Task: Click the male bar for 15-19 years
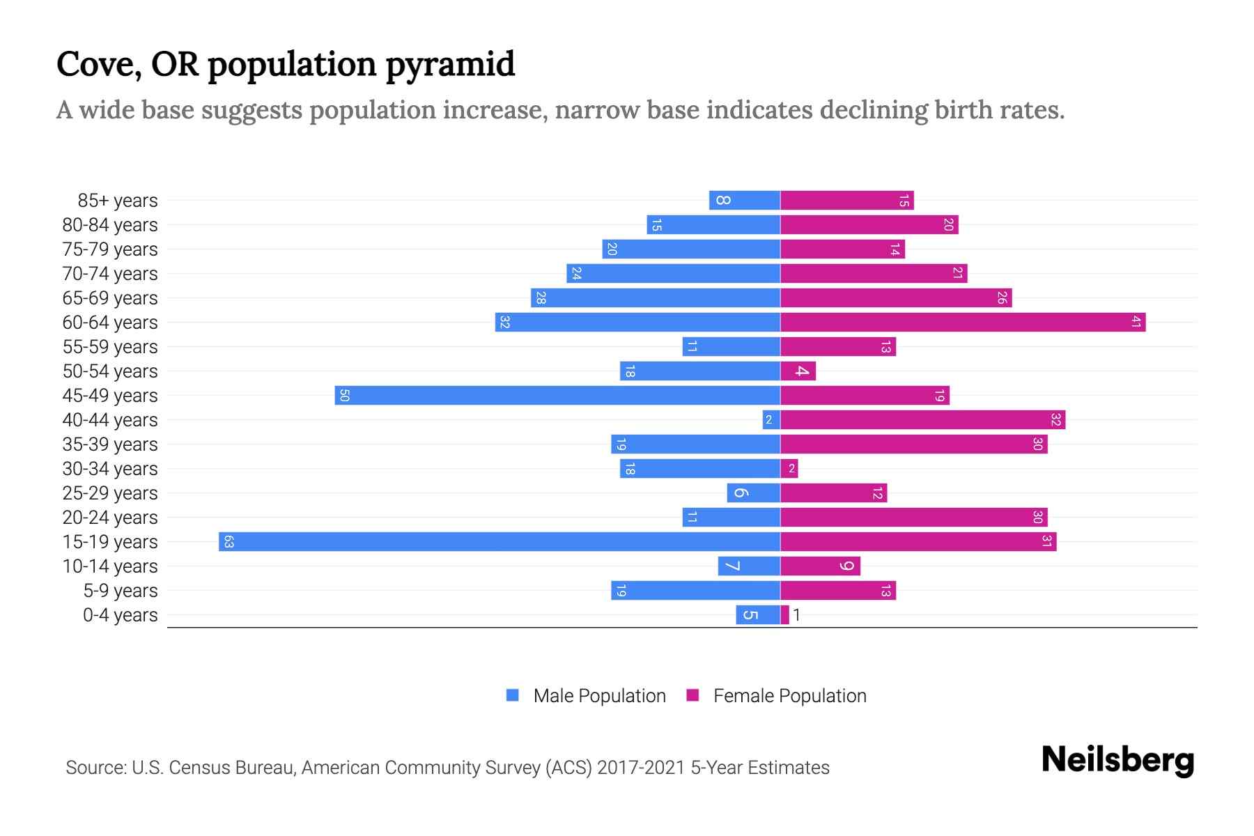pos(499,542)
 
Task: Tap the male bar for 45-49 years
pos(557,396)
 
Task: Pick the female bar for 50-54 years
pos(798,371)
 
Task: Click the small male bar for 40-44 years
pos(771,420)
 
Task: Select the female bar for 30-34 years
pos(789,469)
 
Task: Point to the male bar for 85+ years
pos(744,201)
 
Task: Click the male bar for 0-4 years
pos(757,615)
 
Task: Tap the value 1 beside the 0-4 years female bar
pos(796,615)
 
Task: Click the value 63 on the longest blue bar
pos(229,542)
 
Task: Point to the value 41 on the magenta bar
pos(1136,323)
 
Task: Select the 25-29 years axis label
pos(110,493)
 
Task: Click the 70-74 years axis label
pos(110,274)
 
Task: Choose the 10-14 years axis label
pos(110,566)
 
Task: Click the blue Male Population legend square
pos(513,695)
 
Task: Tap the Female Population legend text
pos(789,696)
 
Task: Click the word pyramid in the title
pos(449,65)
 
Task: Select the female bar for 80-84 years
pos(869,225)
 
